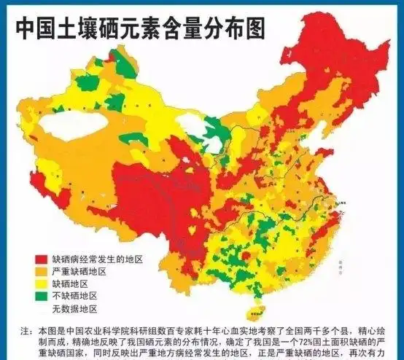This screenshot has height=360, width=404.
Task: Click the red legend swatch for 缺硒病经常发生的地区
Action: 42,259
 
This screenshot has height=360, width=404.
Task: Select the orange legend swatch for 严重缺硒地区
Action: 42,272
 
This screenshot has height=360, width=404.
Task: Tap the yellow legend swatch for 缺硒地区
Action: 42,284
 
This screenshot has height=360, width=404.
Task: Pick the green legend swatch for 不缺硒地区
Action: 42,297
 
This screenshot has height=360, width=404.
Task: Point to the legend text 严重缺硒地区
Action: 79,272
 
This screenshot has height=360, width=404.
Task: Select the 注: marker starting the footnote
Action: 27,329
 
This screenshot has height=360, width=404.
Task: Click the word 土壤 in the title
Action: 80,28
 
